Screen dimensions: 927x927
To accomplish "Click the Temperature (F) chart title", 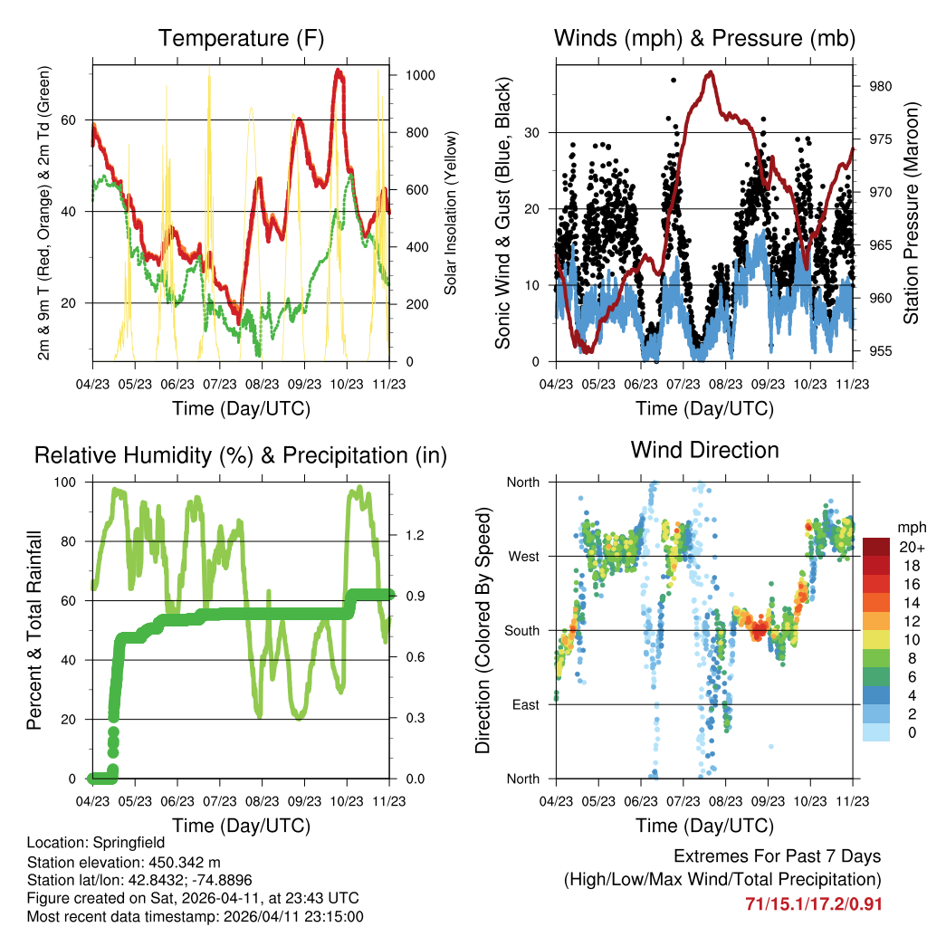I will coord(241,39).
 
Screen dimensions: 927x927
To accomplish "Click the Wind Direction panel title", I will coord(704,450).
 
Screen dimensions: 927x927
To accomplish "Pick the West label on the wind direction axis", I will coord(523,556).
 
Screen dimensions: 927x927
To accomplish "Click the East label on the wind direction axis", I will coord(525,704).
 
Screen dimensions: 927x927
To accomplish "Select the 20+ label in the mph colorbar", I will coord(912,547).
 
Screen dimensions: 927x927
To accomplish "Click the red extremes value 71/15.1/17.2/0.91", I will coord(813,903).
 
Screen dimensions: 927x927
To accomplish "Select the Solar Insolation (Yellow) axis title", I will coord(450,213).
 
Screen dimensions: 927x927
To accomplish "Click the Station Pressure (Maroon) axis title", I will coord(912,213).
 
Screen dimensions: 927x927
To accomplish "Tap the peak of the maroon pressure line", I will coord(712,72).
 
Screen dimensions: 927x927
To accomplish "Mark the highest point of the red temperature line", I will coord(339,71).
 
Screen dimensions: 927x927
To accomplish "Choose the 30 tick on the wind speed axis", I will coord(534,132).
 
